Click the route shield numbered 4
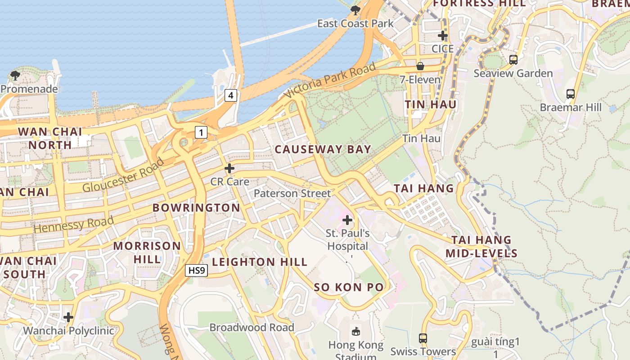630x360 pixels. pyautogui.click(x=231, y=95)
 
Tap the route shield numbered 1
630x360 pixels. pyautogui.click(x=201, y=132)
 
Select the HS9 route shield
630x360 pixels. pyautogui.click(x=197, y=270)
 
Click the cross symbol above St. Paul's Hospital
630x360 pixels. pyautogui.click(x=347, y=220)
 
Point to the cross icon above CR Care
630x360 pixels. pyautogui.click(x=229, y=168)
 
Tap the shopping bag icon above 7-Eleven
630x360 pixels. pyautogui.click(x=420, y=66)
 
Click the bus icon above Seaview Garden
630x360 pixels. pyautogui.click(x=513, y=59)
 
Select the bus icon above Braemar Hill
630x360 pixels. pyautogui.click(x=571, y=94)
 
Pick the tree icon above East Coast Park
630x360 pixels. pyautogui.click(x=355, y=10)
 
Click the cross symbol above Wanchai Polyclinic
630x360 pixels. pyautogui.click(x=68, y=317)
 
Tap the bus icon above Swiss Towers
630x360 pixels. pyautogui.click(x=423, y=338)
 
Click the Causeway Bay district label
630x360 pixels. pyautogui.click(x=323, y=149)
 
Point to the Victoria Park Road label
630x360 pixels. pyautogui.click(x=330, y=81)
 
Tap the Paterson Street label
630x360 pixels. pyautogui.click(x=292, y=193)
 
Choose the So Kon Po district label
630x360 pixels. pyautogui.click(x=349, y=287)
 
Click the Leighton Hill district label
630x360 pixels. pyautogui.click(x=260, y=262)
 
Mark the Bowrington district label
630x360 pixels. pyautogui.click(x=196, y=207)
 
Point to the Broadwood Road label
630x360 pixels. pyautogui.click(x=252, y=328)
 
